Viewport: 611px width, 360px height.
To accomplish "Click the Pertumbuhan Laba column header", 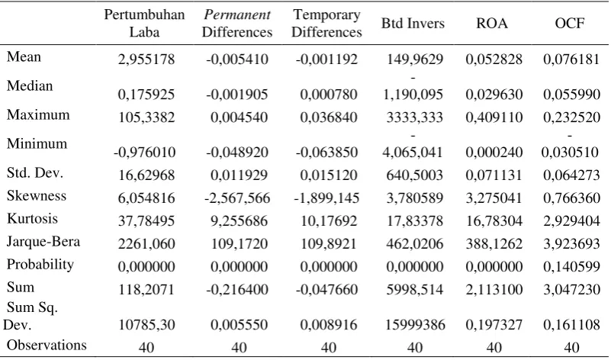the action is (x=144, y=23).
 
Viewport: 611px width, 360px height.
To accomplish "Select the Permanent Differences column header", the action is (x=237, y=23).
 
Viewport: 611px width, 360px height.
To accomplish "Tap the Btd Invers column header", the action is (x=413, y=24).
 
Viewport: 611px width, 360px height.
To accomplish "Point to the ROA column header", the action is (x=492, y=24).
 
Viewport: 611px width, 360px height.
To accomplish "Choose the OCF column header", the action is (x=570, y=24).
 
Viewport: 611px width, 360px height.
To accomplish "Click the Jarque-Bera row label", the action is (x=43, y=242).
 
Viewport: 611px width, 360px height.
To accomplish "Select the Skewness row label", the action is (x=37, y=195).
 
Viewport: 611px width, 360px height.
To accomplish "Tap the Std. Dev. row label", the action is (x=34, y=172).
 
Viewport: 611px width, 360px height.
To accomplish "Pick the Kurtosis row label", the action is (x=32, y=219).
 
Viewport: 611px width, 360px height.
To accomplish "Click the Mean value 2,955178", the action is (x=146, y=59).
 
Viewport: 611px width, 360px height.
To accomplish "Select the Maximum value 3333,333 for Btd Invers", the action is (x=415, y=117).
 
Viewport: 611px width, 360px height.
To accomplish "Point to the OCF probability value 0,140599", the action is (x=571, y=266).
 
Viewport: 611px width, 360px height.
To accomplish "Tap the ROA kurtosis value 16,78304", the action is (x=494, y=221).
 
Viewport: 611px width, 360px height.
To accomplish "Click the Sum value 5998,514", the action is (x=415, y=290).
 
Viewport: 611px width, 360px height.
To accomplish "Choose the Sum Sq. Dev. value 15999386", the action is (x=415, y=325).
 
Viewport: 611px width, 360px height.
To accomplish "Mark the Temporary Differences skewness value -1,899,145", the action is (x=326, y=198).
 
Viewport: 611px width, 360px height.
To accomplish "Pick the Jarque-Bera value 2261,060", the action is (x=146, y=244).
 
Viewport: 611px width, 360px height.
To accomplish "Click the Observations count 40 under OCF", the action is (x=571, y=347).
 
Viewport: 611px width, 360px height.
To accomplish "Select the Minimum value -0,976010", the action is (x=145, y=152).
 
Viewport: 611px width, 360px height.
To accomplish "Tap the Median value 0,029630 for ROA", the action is (x=494, y=95).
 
